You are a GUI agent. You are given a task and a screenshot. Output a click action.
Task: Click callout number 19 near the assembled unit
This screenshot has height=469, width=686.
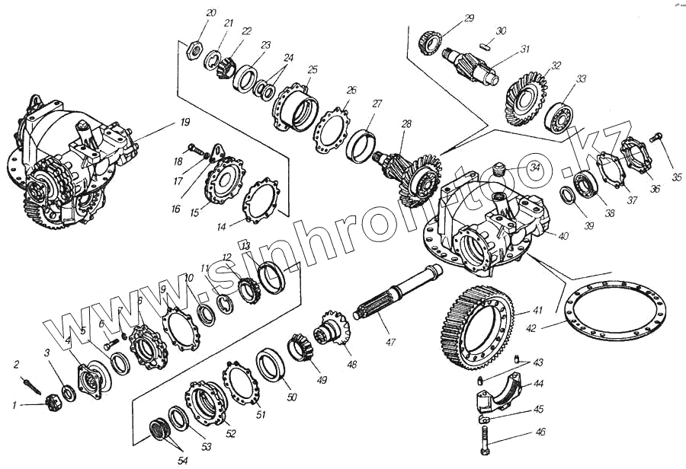pyautogui.click(x=184, y=122)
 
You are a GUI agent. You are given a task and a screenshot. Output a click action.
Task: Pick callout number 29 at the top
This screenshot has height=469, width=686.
pyautogui.click(x=470, y=18)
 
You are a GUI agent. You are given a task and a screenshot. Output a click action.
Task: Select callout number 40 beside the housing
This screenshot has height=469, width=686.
pyautogui.click(x=564, y=237)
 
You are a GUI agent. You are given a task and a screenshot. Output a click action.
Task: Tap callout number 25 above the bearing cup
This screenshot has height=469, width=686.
pyautogui.click(x=312, y=70)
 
